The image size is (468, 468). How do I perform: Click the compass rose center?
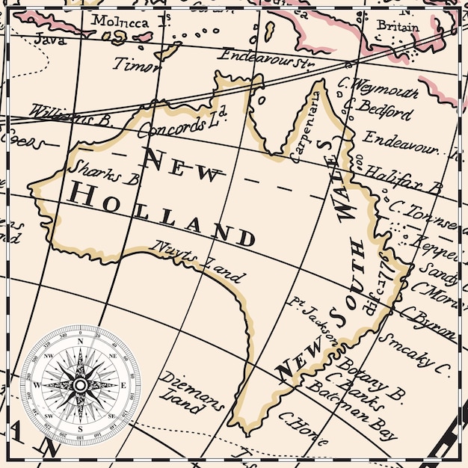(79, 384)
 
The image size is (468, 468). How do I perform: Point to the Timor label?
(135, 65)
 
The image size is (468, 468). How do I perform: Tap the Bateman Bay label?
(363, 421)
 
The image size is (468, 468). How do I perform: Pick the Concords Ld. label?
(183, 121)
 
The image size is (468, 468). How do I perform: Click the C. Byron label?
(429, 324)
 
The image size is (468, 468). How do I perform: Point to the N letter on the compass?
(79, 341)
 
